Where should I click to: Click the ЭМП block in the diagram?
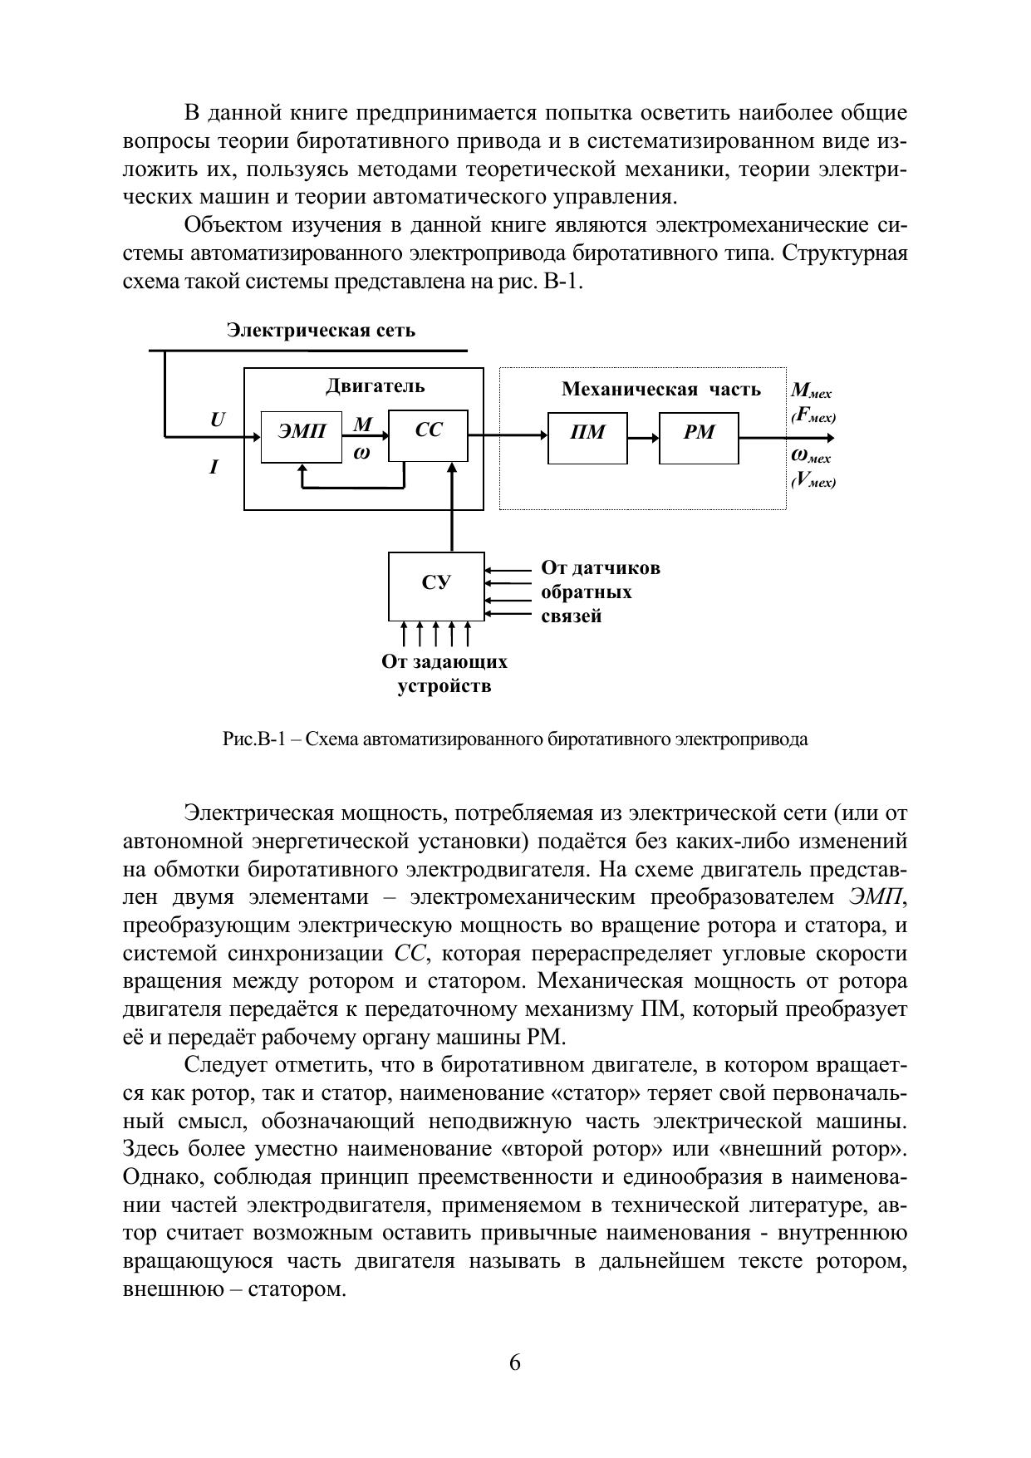[x=301, y=436]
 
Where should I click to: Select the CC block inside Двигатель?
[x=428, y=435]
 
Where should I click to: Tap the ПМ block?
[x=587, y=437]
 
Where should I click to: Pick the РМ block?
[x=699, y=437]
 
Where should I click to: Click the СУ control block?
[x=436, y=586]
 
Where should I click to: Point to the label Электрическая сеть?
[x=321, y=331]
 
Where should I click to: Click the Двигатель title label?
[x=375, y=385]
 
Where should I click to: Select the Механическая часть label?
[x=660, y=389]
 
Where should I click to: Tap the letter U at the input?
[x=217, y=420]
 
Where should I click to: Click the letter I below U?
[x=214, y=467]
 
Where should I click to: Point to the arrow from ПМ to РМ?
[x=643, y=437]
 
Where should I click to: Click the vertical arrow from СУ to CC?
[x=452, y=507]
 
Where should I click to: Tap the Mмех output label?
[x=811, y=390]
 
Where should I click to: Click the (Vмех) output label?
[x=813, y=481]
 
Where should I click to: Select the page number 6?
[x=515, y=1363]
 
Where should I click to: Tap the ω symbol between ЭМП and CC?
[x=362, y=454]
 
